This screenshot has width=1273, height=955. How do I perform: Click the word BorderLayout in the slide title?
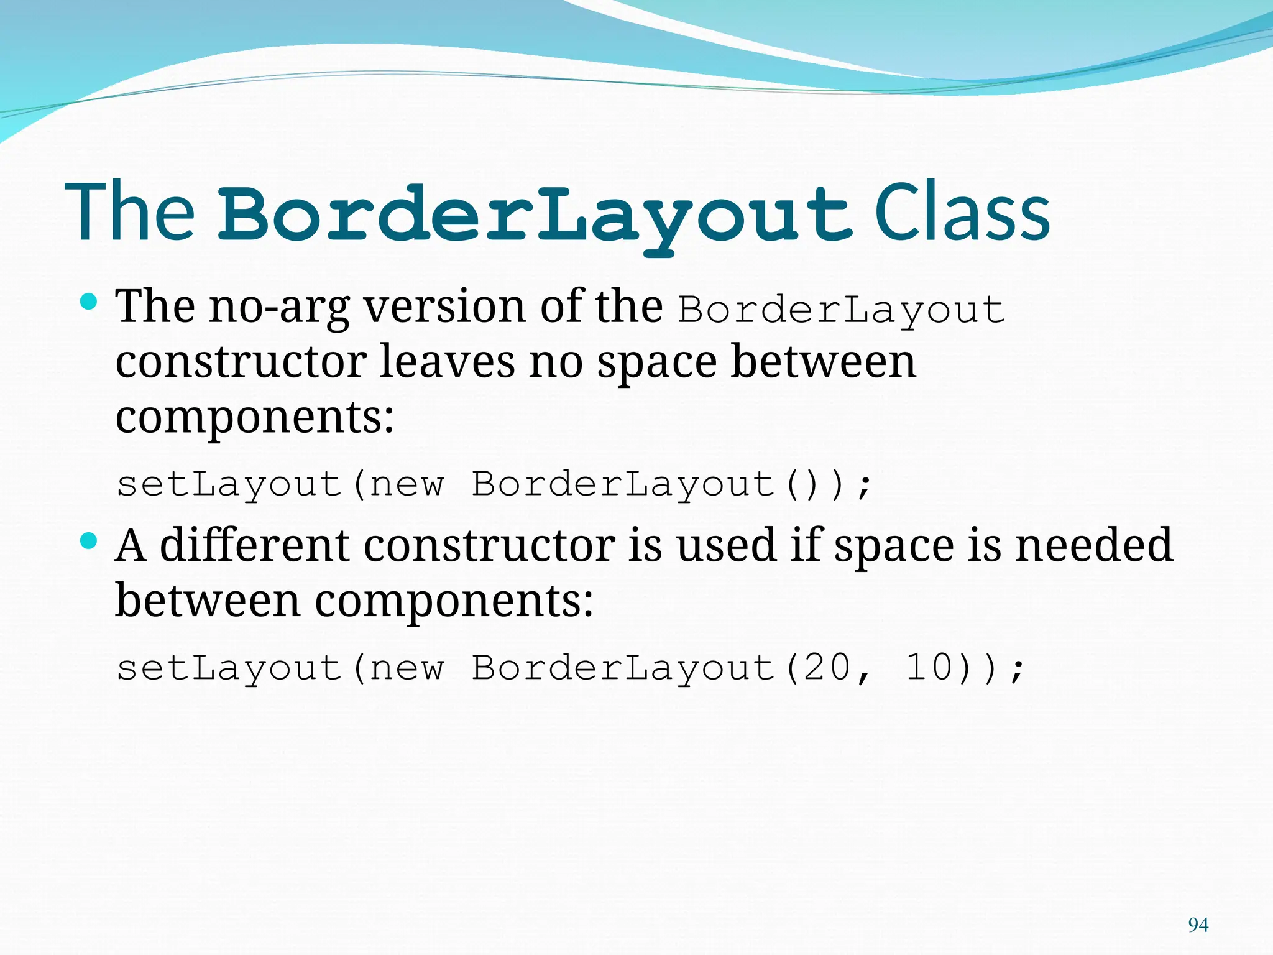coord(535,215)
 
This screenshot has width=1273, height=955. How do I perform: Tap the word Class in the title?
coord(962,213)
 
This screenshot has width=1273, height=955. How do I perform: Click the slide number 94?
coord(1198,925)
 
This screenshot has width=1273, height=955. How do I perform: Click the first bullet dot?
coord(89,302)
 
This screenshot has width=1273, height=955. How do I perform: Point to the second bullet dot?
coord(89,541)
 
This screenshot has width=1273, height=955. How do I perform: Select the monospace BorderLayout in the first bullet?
coord(841,309)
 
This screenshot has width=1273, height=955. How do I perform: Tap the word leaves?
coord(447,361)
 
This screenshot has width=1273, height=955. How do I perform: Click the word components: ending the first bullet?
coord(255,417)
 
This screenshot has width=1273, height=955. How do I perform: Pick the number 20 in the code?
coord(827,668)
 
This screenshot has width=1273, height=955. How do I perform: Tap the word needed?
coord(1093,545)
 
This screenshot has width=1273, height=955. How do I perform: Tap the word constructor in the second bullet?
coord(489,545)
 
